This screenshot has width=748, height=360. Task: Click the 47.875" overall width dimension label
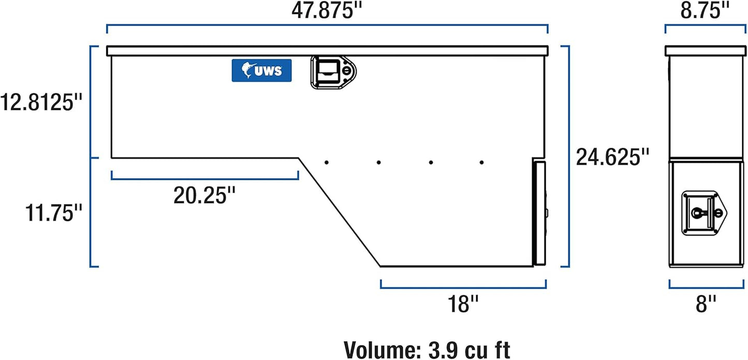327,10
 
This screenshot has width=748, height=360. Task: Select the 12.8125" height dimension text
42,102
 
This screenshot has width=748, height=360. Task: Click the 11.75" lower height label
54,212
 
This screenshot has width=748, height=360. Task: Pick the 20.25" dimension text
204,196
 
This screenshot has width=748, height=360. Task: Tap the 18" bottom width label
463,304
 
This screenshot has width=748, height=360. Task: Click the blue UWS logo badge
261,70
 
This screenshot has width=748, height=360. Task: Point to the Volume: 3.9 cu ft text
427,349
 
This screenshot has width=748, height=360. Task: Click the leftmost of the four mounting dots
327,163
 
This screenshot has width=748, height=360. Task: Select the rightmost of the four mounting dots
481,163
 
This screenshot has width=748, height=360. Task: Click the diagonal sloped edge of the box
339,212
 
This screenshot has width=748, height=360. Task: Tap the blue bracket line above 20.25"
204,179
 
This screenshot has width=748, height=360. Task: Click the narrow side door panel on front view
539,213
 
